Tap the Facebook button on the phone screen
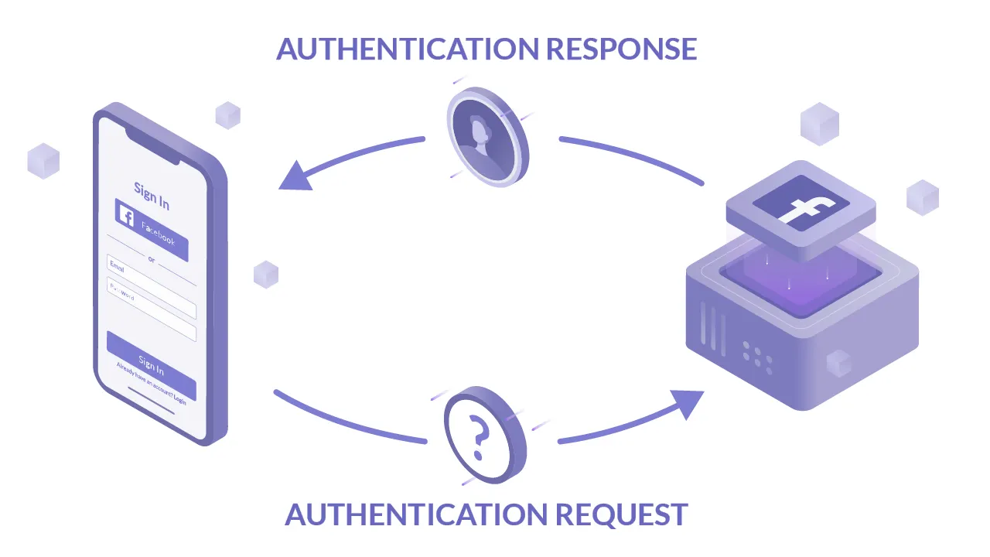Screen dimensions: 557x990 [152, 230]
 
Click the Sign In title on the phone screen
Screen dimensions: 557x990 [152, 195]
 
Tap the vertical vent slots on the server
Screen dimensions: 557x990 [712, 328]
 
